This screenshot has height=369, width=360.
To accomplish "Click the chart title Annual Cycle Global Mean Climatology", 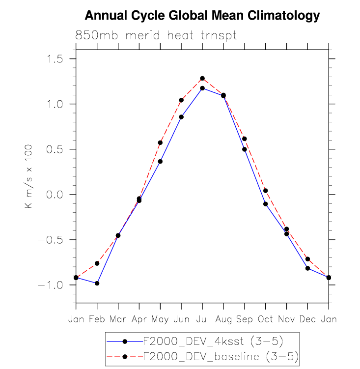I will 202,16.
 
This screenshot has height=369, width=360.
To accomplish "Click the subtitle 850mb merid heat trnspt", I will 156,35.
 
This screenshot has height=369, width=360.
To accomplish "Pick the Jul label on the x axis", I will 202,319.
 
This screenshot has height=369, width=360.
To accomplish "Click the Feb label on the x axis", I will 97,319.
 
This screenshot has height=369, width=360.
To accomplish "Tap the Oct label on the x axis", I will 265,319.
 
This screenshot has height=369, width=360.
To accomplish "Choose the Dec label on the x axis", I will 307,319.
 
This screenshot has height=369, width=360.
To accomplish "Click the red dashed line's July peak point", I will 202,79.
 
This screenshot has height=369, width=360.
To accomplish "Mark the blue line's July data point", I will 202,88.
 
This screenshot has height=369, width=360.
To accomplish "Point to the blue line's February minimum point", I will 97,284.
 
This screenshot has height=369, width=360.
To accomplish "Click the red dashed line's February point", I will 97,263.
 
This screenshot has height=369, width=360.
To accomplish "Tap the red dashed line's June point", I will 181,100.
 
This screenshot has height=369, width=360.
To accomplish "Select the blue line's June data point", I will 181,117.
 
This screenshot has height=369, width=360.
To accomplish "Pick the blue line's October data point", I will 266,204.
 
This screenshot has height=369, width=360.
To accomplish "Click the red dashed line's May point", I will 160,142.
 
